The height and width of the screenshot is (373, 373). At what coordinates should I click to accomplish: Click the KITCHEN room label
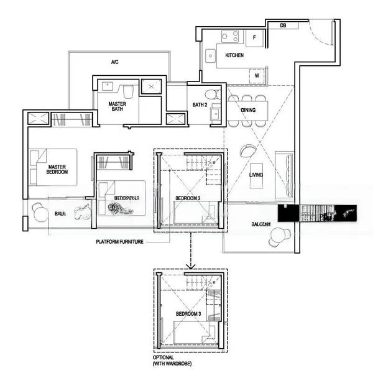234,56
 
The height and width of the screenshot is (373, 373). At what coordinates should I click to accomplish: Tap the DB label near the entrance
283,25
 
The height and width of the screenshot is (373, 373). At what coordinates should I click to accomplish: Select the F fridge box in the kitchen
254,37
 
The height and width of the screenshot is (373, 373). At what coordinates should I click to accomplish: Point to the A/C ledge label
114,62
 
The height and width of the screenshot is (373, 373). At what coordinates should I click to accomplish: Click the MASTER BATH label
117,107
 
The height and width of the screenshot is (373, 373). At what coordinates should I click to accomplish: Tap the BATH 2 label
200,104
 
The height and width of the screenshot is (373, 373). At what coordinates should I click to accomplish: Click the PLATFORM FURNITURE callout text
120,242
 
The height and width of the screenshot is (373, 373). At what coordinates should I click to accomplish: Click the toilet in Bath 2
213,94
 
